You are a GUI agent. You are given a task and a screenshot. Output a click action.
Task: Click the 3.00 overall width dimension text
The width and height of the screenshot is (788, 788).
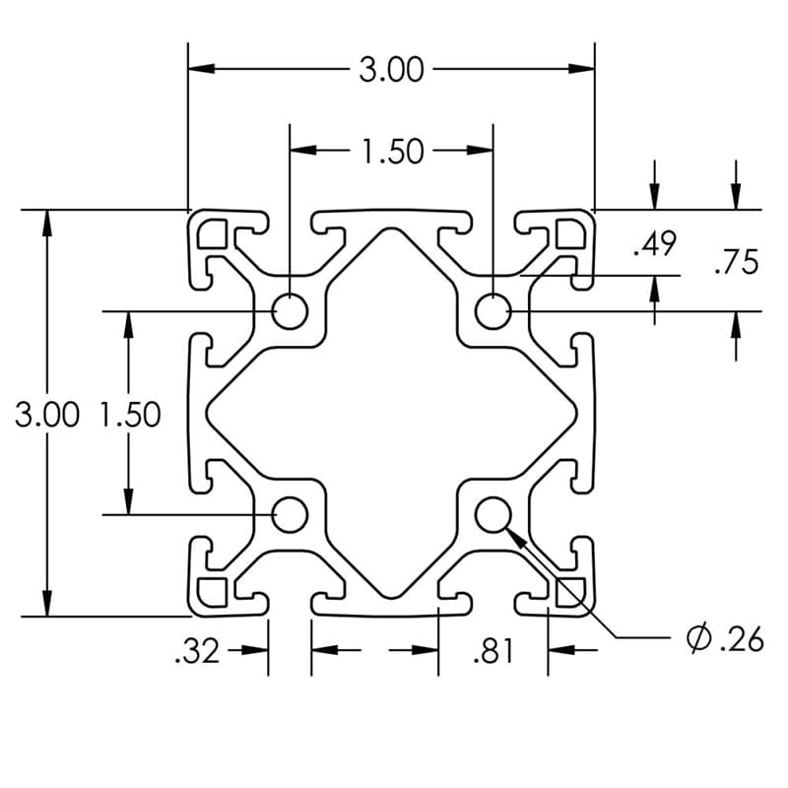[x=391, y=70]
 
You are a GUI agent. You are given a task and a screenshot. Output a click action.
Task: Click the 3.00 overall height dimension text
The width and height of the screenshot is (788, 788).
[x=46, y=415]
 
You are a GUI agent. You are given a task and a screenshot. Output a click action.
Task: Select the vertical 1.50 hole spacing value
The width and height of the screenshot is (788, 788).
[x=130, y=415]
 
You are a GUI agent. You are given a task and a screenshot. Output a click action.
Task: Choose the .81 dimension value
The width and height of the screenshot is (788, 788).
[x=492, y=651]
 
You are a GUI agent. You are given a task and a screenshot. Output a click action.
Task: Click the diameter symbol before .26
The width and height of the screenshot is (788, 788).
[x=697, y=639]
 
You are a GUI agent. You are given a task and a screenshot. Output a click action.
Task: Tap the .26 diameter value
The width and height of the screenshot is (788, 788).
[x=741, y=639]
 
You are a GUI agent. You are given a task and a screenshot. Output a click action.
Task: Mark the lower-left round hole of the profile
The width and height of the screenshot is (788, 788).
[x=290, y=514]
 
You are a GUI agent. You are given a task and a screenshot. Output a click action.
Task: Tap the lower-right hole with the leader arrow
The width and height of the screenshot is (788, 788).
[x=492, y=514]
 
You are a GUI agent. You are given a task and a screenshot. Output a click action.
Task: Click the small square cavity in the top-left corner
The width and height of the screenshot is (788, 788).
[x=214, y=233]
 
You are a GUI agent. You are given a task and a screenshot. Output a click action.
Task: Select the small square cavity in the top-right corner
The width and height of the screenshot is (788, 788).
[x=569, y=233]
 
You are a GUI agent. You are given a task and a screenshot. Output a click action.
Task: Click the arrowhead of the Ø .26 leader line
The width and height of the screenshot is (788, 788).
[x=514, y=535]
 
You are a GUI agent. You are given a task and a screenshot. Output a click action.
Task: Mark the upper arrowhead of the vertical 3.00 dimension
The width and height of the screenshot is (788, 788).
[x=45, y=221]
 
